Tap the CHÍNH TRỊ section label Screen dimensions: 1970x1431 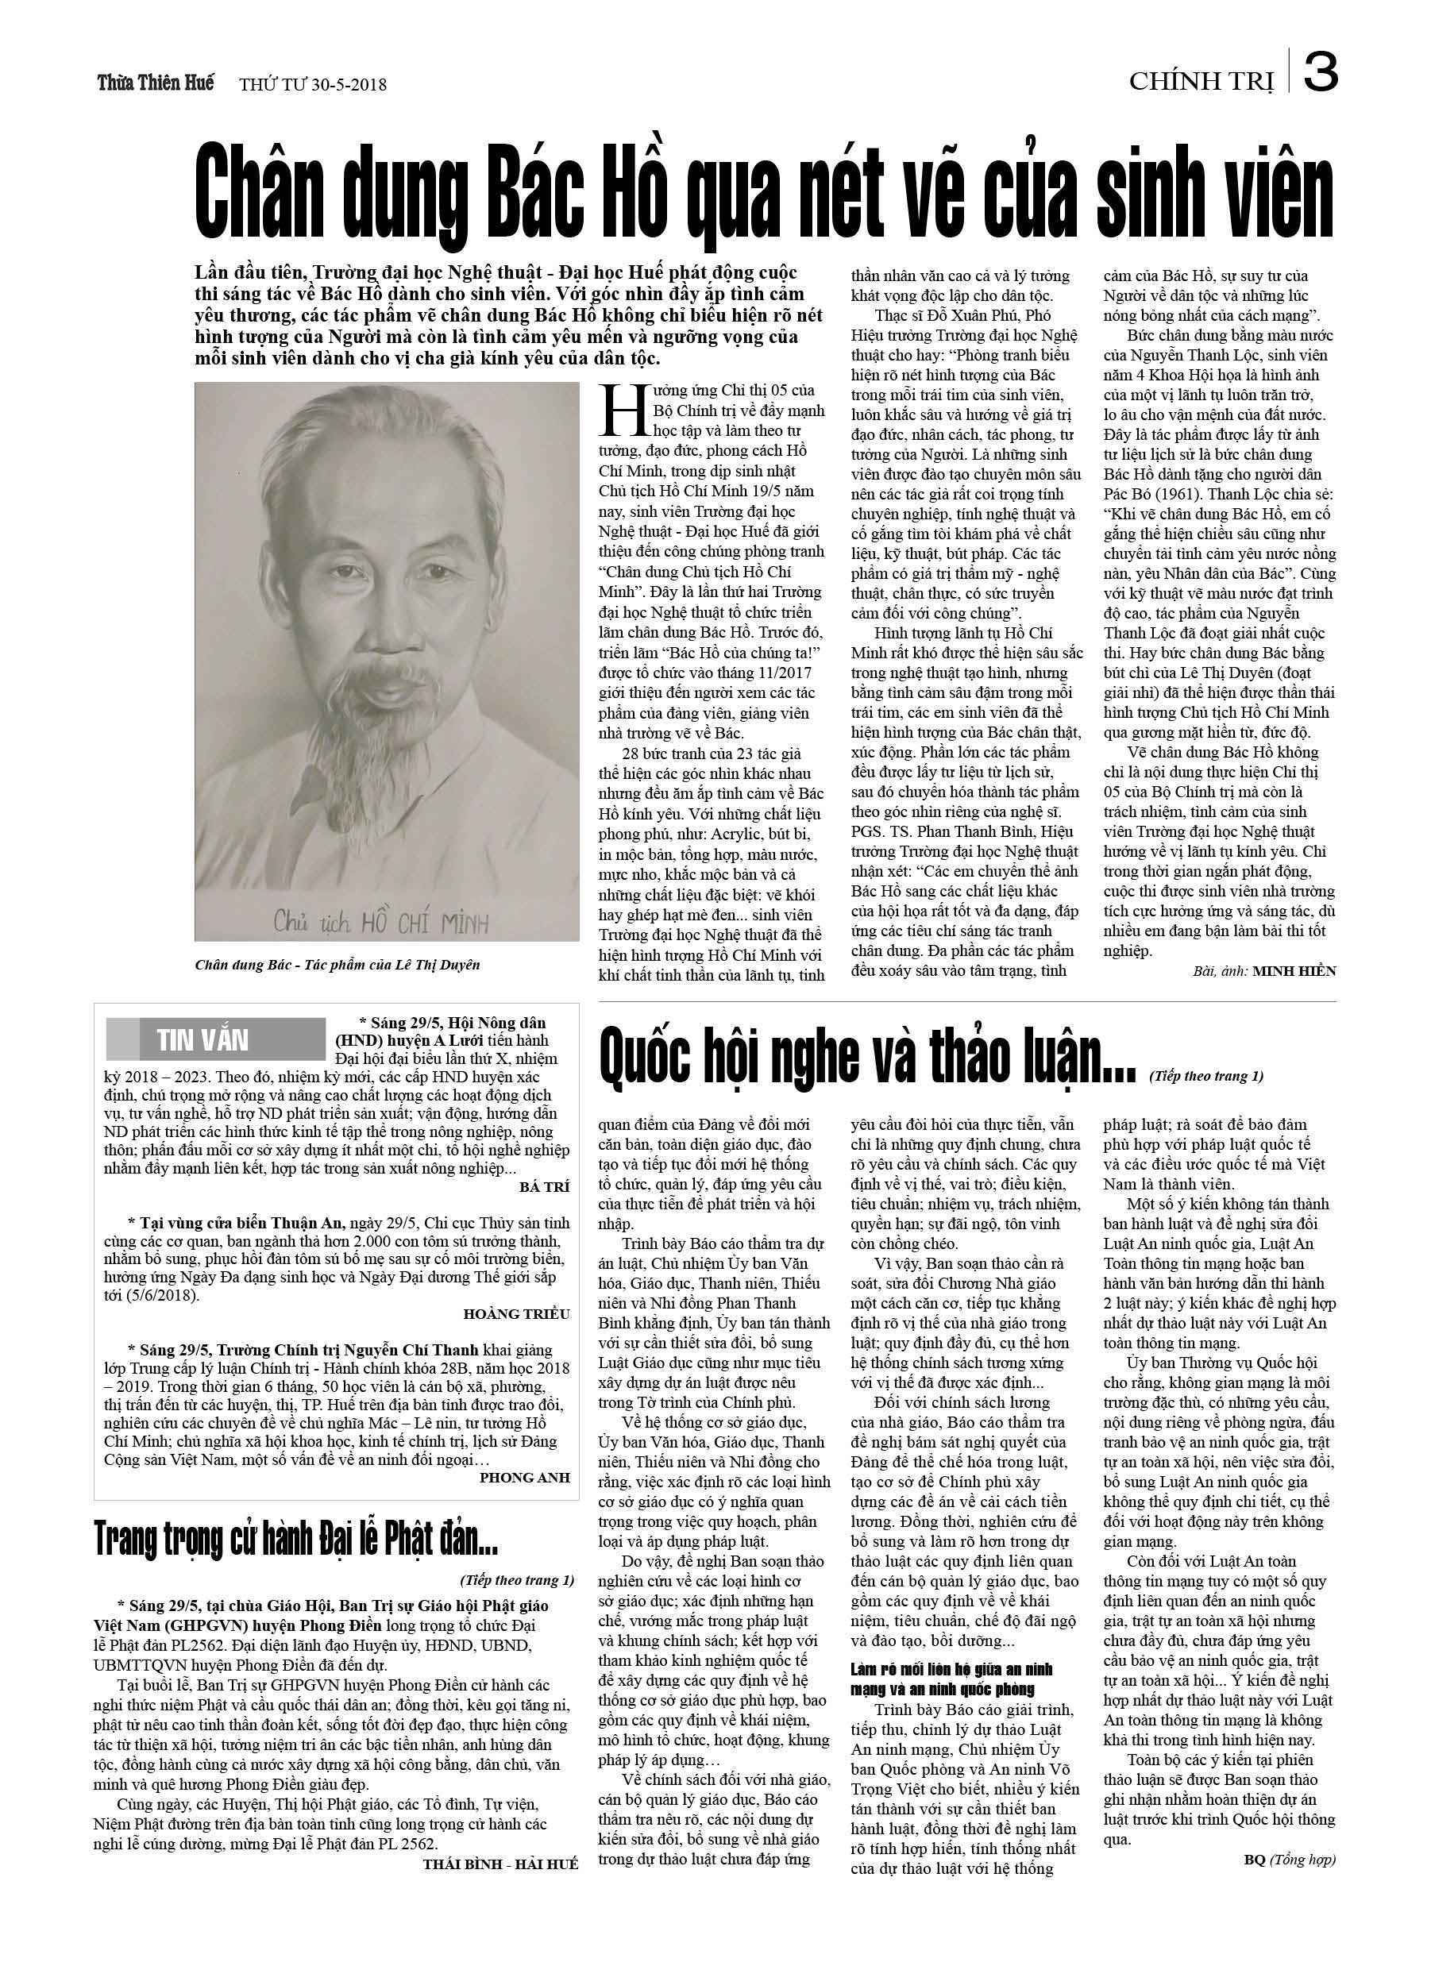click(1201, 82)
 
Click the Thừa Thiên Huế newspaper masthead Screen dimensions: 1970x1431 click(156, 83)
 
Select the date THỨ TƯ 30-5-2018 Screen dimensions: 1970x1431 click(313, 85)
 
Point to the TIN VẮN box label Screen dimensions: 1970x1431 click(202, 1039)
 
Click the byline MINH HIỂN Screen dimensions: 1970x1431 click(1294, 971)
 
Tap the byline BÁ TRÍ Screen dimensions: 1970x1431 click(544, 1185)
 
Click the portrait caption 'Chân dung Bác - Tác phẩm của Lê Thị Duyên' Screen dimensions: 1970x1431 click(337, 964)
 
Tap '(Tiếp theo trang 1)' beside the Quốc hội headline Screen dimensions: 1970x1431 click(1206, 1076)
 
